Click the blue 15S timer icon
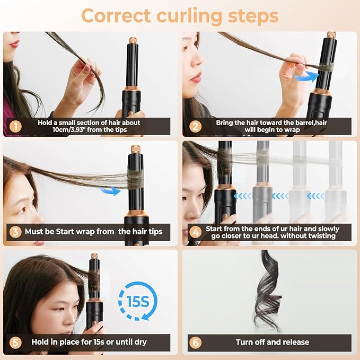click(137, 301)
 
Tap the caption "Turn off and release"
click(274, 342)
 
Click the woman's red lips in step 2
click(196, 78)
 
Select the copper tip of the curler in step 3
click(135, 149)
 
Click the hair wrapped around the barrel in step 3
click(136, 176)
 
